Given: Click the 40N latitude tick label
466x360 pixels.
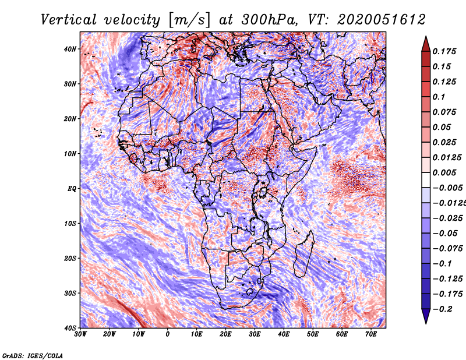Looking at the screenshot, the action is [x=70, y=49].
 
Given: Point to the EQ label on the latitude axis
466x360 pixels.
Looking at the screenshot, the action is [x=72, y=189].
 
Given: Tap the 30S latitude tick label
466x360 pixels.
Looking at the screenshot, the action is [x=70, y=294].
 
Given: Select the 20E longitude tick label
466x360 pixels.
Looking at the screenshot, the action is [x=225, y=334].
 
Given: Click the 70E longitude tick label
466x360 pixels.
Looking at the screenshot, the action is [x=371, y=334].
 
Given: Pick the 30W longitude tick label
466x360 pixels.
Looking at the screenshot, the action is [x=80, y=334].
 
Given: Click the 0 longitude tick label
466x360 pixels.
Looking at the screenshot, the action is [x=168, y=334].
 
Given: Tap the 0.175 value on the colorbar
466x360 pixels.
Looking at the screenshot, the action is [x=444, y=51].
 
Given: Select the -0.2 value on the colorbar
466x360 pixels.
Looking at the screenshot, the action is [x=443, y=309].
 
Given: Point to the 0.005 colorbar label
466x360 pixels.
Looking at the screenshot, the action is [x=444, y=172].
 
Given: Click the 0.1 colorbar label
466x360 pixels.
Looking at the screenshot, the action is [x=439, y=97].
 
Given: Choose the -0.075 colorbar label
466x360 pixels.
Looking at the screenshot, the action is [x=447, y=249].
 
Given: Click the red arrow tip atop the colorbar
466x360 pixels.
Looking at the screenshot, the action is [x=426, y=37].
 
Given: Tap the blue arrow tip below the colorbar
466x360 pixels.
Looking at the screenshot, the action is [x=426, y=323].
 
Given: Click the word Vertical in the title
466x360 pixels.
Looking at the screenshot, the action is [x=69, y=20].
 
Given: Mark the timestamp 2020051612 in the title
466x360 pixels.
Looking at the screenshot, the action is [x=382, y=20].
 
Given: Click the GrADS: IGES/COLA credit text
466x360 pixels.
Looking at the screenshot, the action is [x=33, y=356].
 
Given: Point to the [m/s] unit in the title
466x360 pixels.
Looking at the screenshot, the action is [x=189, y=20].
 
